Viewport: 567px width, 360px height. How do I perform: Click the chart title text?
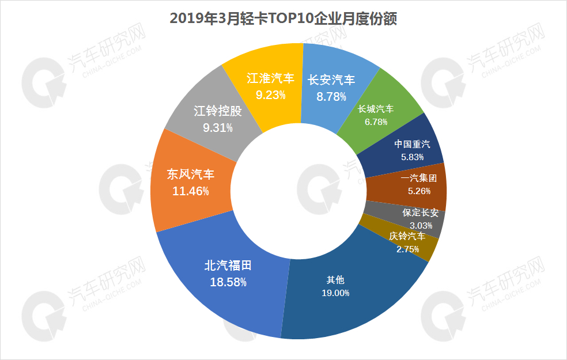pyautogui.click(x=283, y=19)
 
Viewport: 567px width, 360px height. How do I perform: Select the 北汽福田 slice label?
pyautogui.click(x=229, y=266)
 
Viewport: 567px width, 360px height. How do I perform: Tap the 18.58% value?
pyautogui.click(x=229, y=282)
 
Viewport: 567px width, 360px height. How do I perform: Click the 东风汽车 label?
pyautogui.click(x=190, y=174)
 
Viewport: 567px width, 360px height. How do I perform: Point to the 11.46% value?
pyautogui.click(x=190, y=191)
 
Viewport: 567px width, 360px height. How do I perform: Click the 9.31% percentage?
pyautogui.click(x=218, y=128)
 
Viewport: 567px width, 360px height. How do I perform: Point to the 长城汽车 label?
pyautogui.click(x=376, y=109)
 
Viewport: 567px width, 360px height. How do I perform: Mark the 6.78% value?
pyautogui.click(x=376, y=122)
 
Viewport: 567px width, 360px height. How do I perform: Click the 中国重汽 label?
pyautogui.click(x=412, y=144)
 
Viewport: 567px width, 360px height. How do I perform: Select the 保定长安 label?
pyautogui.click(x=421, y=213)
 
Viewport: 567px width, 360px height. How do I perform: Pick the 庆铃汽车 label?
pyautogui.click(x=407, y=236)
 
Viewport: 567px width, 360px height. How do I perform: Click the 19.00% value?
pyautogui.click(x=335, y=293)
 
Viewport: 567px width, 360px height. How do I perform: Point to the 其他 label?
pyautogui.click(x=335, y=280)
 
